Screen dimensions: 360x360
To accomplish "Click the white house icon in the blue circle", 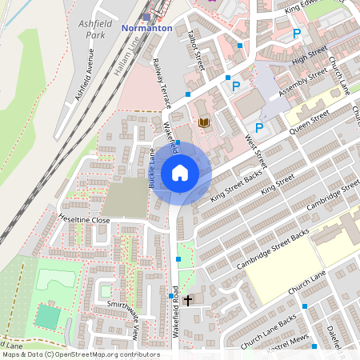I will pos(180,172).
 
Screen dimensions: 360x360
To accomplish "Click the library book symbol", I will pos(203,122).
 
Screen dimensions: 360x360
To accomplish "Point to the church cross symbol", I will pos(188,301).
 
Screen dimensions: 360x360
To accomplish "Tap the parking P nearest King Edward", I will pos(297,34).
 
